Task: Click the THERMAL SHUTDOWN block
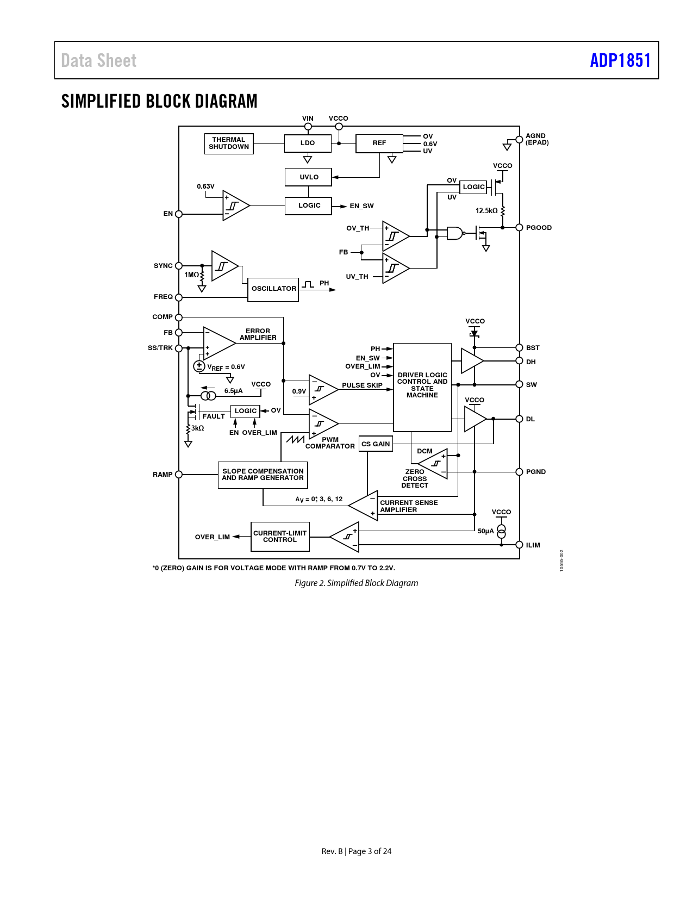click(229, 144)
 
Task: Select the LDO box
click(308, 143)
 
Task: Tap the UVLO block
click(308, 177)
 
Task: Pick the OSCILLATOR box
click(273, 289)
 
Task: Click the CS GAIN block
click(376, 444)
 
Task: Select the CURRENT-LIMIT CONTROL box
click(280, 537)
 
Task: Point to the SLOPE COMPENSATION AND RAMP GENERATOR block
click(263, 475)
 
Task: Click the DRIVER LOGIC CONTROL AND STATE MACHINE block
click(422, 387)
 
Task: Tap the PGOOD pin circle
click(519, 227)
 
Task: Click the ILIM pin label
click(533, 545)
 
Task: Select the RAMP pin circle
click(179, 475)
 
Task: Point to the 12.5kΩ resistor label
click(486, 210)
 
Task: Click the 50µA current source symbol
click(501, 531)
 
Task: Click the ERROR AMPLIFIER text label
click(258, 334)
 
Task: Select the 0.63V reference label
click(205, 186)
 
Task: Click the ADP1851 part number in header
click(620, 60)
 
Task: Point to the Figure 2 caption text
click(356, 583)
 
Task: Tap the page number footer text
click(356, 851)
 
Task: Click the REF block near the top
click(379, 143)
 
